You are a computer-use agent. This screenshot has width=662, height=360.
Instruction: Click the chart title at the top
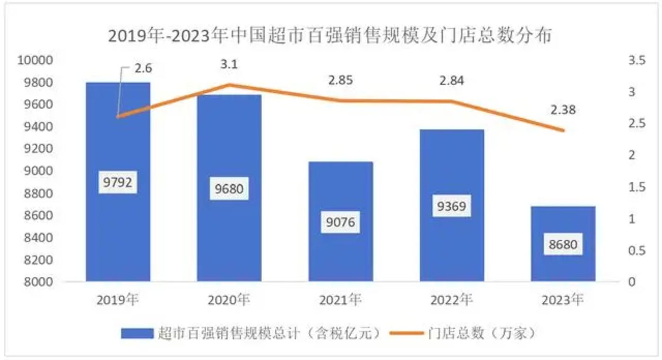pos(330,36)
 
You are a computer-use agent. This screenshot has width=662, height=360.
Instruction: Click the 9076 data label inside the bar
pos(340,221)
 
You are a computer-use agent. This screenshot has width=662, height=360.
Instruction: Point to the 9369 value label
pos(452,206)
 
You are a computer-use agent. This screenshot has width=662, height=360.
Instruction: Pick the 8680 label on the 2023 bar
pos(563,245)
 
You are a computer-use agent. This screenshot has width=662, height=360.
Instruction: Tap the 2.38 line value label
pos(563,110)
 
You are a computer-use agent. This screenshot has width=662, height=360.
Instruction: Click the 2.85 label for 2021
pos(340,80)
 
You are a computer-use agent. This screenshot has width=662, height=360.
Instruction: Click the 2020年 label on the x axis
pos(229,300)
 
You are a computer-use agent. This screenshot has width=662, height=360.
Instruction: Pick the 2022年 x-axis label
pos(452,300)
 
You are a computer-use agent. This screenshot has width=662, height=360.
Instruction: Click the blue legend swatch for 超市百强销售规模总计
pos(137,333)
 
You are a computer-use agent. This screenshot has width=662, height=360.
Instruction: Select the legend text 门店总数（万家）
pos(482,333)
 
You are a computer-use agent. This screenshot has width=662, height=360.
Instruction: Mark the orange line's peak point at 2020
pos(229,85)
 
